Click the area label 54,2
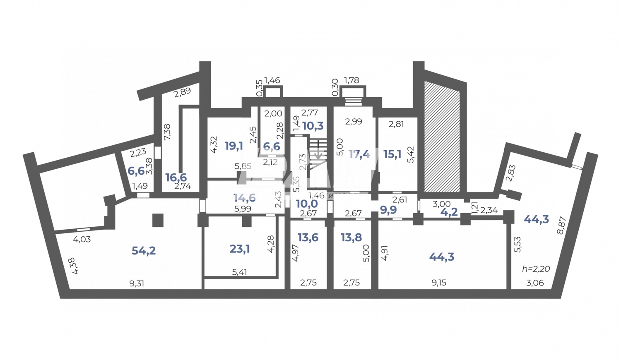(x=144, y=250)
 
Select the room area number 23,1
(x=240, y=249)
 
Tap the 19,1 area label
(x=234, y=146)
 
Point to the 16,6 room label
(x=176, y=178)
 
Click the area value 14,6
(x=244, y=198)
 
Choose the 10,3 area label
(x=313, y=126)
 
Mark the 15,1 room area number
(x=392, y=154)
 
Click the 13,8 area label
(x=351, y=238)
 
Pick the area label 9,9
(x=388, y=210)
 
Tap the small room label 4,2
(x=449, y=212)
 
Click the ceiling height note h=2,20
(x=536, y=269)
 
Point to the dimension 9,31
(x=137, y=283)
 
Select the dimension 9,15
(x=439, y=283)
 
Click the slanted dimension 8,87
(x=561, y=226)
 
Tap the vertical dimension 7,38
(x=167, y=132)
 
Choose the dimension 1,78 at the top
(x=351, y=80)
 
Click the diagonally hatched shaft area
(x=442, y=137)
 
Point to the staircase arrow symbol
(x=318, y=154)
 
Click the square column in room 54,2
(x=158, y=220)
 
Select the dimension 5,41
(x=240, y=272)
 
